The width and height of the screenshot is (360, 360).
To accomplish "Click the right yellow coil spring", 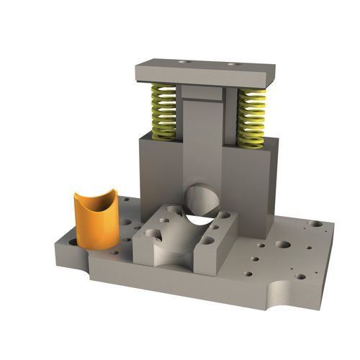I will click(251, 117).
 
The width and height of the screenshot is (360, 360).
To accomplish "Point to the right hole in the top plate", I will click(232, 65).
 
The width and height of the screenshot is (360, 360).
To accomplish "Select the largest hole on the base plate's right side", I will click(284, 245).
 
